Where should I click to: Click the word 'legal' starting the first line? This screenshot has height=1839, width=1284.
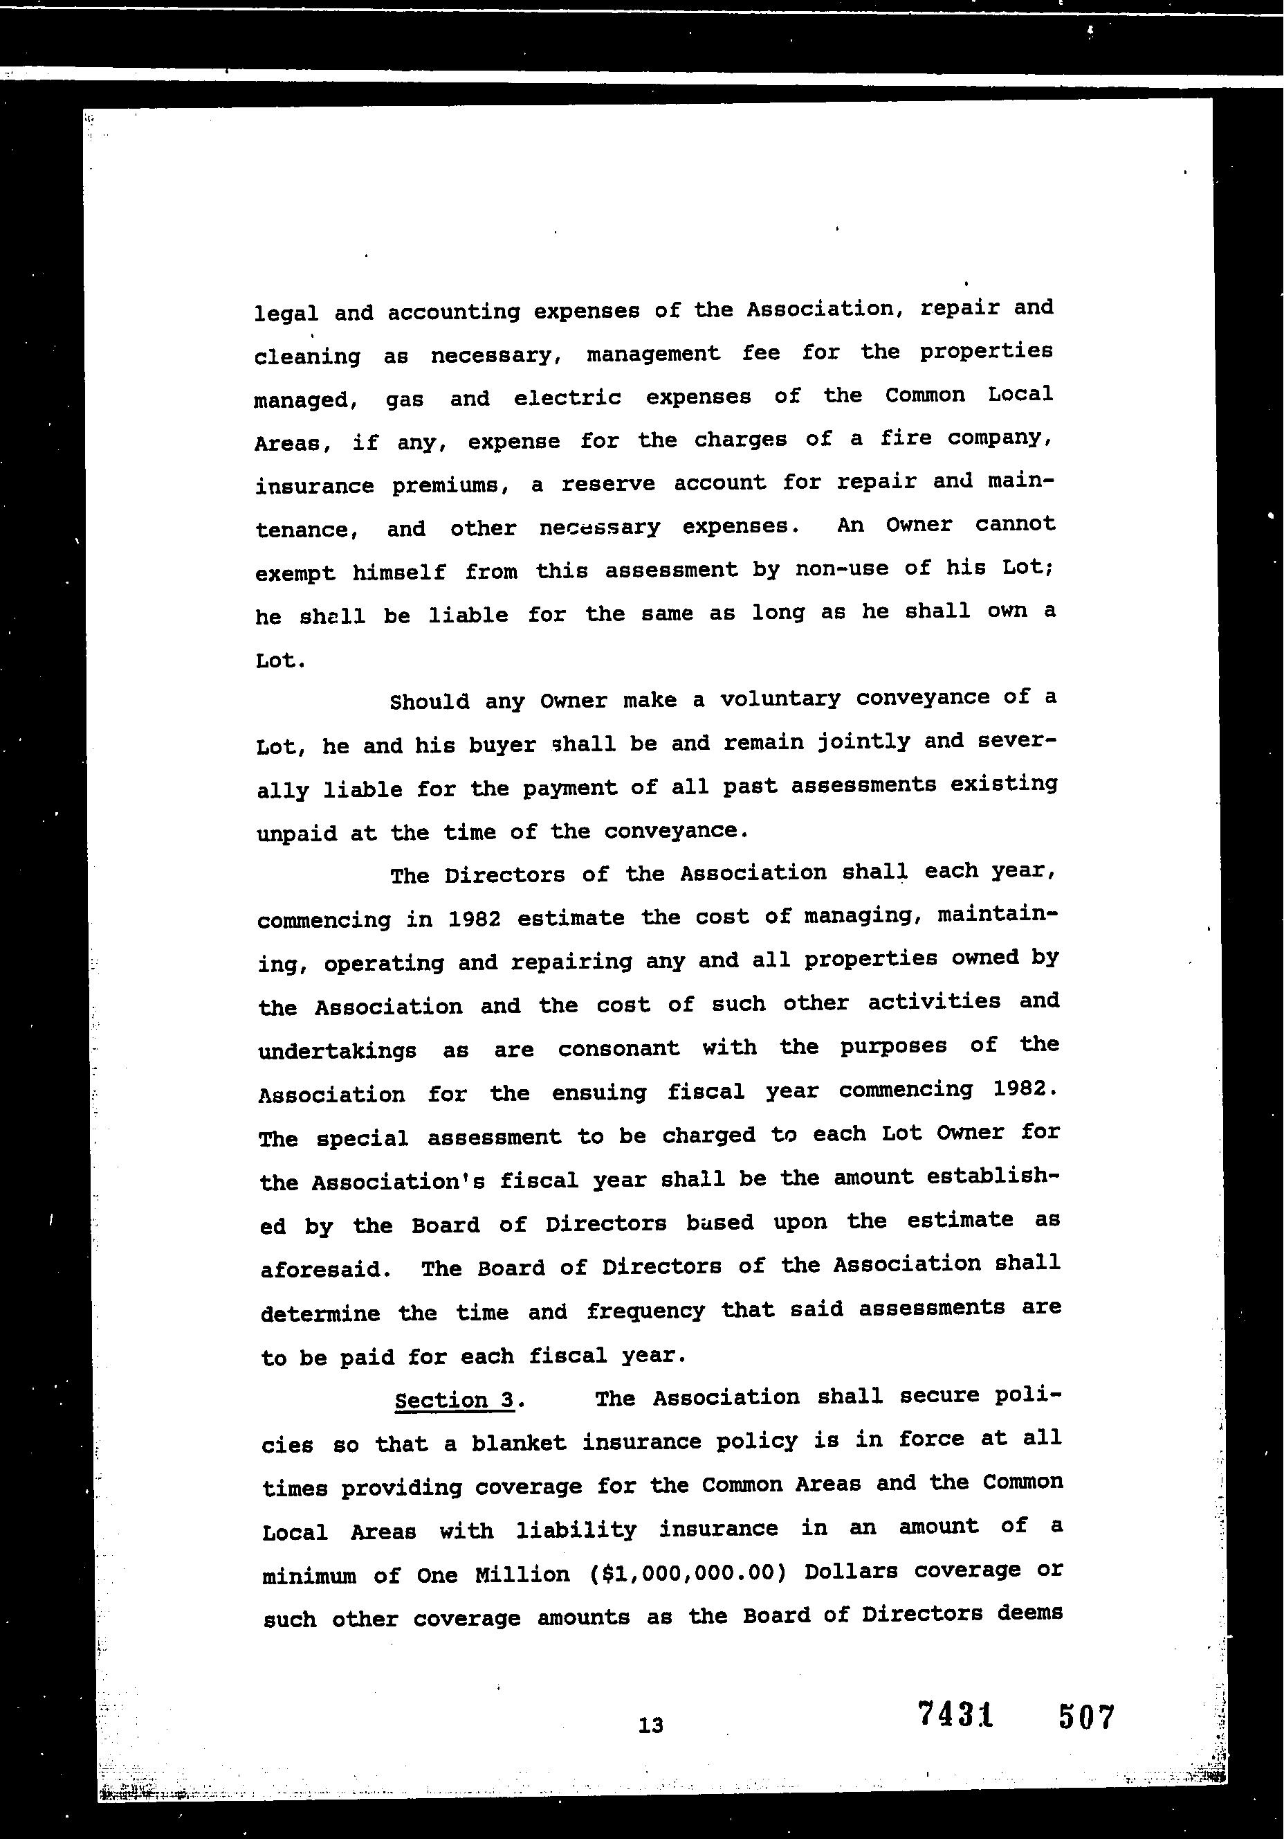tap(286, 314)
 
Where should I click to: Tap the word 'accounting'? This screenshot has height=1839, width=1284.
tap(454, 312)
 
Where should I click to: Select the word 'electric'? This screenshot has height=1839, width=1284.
tap(567, 398)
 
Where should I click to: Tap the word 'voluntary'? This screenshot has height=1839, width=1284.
tap(780, 699)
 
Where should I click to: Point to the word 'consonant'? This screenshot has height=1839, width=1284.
tap(618, 1048)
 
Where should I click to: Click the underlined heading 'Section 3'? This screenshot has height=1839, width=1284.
tap(454, 1401)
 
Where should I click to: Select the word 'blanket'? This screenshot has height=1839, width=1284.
tap(518, 1444)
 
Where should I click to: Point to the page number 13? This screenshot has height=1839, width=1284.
tap(651, 1725)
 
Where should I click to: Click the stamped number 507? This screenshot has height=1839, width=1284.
tap(1085, 1717)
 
